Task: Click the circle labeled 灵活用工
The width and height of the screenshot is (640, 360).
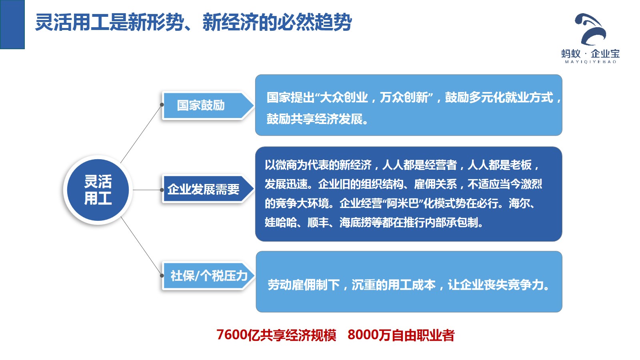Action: [x=98, y=190]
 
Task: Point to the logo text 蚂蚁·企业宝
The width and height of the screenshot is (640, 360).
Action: [x=590, y=54]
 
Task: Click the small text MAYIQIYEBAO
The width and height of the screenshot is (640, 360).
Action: [x=590, y=62]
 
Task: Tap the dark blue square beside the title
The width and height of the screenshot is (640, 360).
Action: [x=12, y=24]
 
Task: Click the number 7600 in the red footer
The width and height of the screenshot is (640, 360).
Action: [x=232, y=335]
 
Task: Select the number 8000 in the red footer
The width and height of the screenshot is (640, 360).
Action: [x=363, y=335]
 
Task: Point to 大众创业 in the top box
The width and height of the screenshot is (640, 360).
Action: [x=344, y=98]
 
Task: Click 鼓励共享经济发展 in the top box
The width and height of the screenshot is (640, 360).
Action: [x=314, y=119]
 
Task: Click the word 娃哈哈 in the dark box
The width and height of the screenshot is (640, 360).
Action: [x=280, y=222]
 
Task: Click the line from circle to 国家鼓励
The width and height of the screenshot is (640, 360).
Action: [x=141, y=134]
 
